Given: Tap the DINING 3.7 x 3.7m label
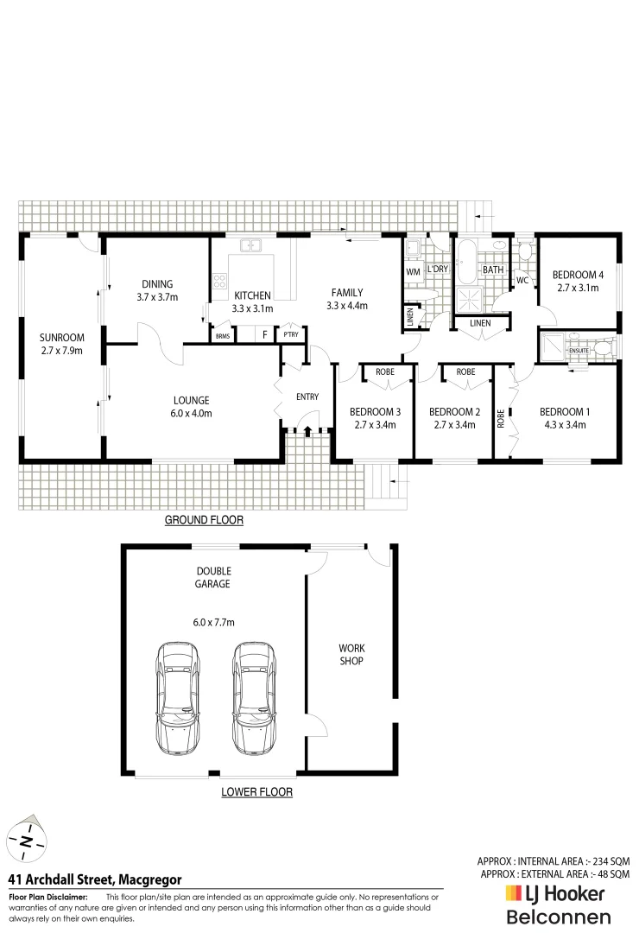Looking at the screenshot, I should [157, 290].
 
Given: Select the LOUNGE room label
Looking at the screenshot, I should [192, 406].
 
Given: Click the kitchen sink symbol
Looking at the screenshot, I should [251, 245].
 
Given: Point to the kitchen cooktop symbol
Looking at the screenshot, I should [218, 280].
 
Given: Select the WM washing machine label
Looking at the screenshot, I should [412, 271].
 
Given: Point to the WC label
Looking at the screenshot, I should [522, 281].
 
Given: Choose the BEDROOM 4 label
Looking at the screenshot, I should [578, 282].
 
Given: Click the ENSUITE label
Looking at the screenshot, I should [579, 350].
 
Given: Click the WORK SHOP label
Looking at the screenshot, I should [351, 654].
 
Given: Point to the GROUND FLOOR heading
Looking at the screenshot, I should [204, 520].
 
